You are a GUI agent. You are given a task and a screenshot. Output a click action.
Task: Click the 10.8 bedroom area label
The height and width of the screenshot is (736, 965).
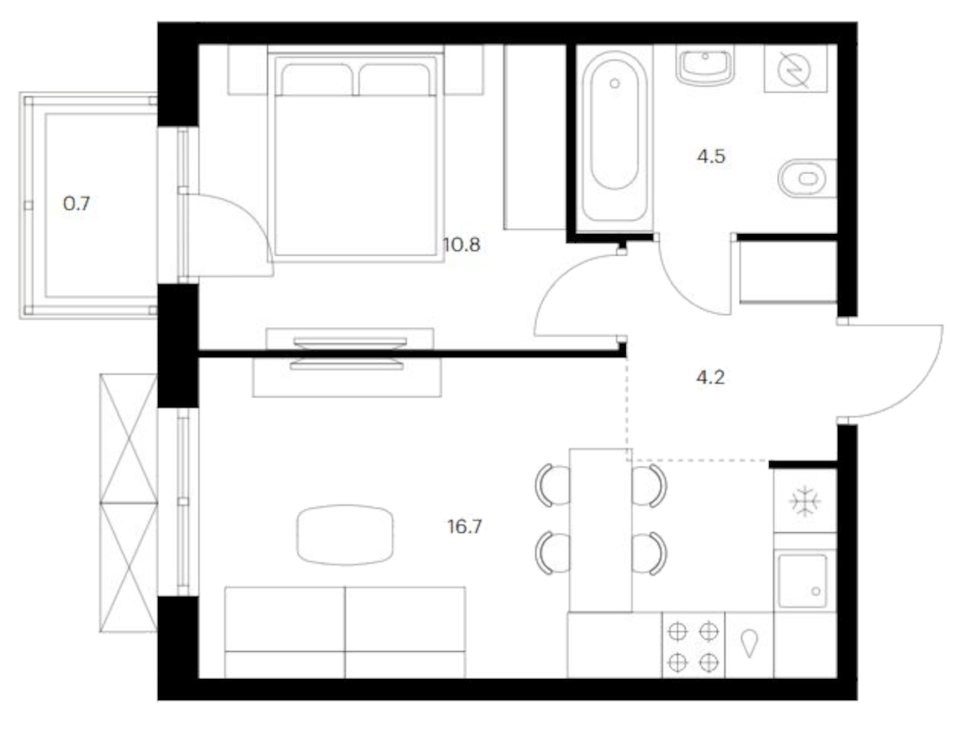point(461,246)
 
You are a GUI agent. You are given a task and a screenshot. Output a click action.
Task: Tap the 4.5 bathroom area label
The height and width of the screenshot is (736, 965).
point(711,157)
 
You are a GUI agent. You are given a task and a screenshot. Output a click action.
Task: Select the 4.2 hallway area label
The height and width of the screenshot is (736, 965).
point(710,377)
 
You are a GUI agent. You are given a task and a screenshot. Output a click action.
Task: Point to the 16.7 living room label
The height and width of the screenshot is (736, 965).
point(464,526)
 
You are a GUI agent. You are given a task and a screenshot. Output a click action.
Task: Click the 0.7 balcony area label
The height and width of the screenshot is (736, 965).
point(77,204)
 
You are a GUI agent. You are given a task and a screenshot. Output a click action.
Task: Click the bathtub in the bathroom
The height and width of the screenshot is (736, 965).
point(614,137)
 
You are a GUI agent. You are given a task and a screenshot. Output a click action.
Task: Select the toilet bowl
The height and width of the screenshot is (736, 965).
point(804,178)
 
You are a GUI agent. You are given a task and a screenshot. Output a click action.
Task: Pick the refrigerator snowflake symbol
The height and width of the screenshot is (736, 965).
point(805,501)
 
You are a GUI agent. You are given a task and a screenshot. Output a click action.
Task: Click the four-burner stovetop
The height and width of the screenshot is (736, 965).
point(693,646)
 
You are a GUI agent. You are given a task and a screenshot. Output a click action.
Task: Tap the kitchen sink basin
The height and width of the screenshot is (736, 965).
point(803,581)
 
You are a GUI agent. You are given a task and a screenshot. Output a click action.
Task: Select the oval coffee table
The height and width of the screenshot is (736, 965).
point(345,535)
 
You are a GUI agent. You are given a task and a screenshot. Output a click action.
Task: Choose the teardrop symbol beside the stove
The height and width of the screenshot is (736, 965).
point(749,643)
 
